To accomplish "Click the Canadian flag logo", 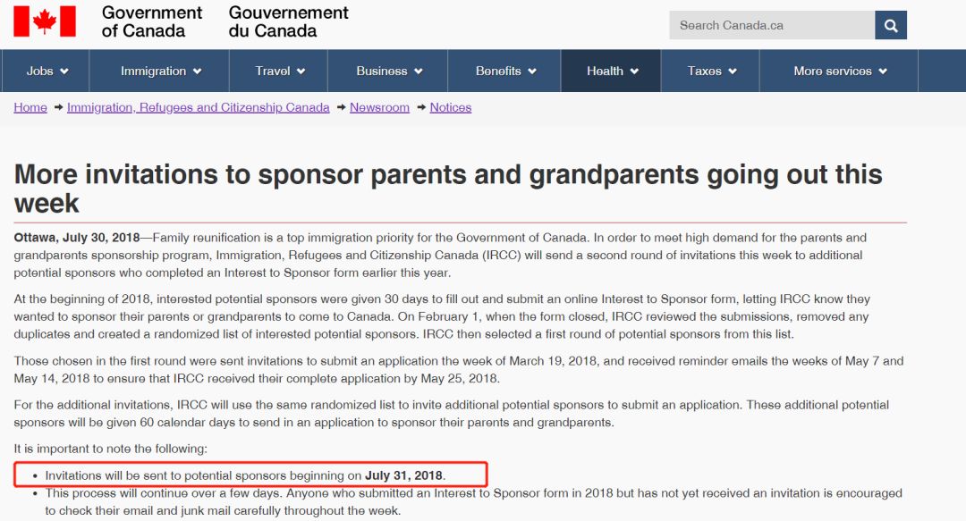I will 45,21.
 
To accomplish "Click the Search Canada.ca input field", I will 771,25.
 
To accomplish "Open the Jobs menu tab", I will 47,71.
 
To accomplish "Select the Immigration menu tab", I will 161,71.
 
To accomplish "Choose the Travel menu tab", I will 280,71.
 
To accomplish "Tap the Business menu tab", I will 388,71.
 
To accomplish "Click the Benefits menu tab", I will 505,71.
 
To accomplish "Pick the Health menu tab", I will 612,71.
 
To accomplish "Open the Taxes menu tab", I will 711,71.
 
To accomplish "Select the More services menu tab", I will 840,71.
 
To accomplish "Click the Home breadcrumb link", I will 30,107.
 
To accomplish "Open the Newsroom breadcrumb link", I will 379,107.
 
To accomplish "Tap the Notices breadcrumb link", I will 450,107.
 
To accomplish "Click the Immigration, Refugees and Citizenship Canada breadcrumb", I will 198,107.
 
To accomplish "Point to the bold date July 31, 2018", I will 404,475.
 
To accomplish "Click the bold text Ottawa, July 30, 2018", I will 77,238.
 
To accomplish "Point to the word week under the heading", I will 47,203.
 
